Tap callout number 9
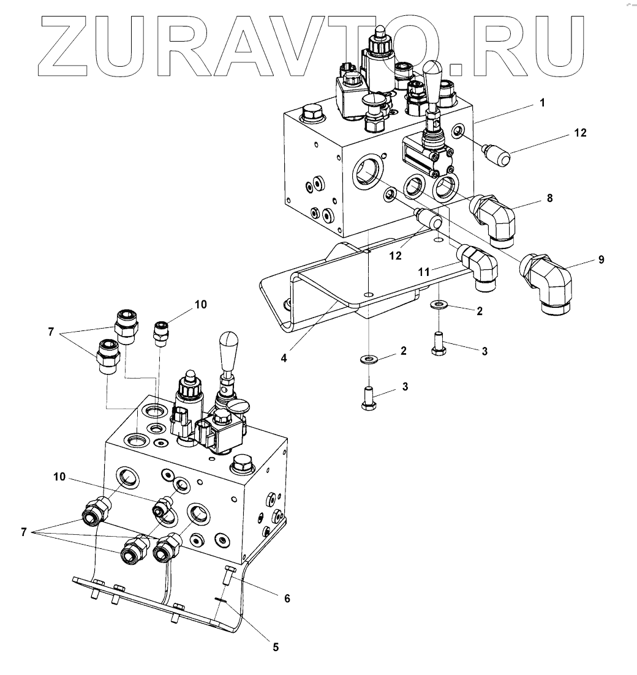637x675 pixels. (601, 260)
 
